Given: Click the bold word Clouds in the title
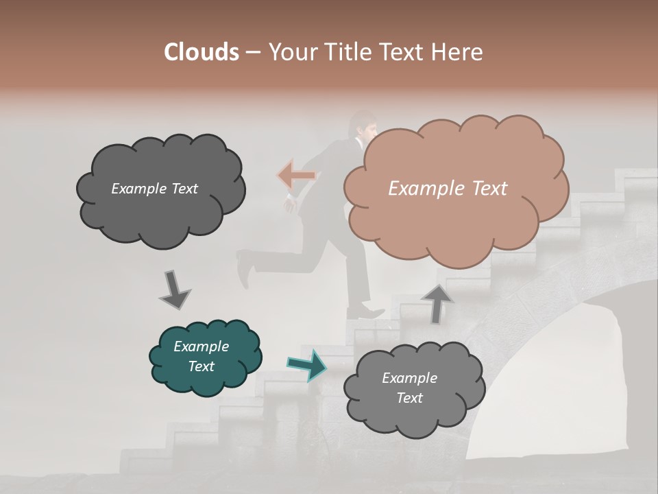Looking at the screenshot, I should point(202,52).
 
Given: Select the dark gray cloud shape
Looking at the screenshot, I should point(160,190).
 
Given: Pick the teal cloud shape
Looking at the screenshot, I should point(205,357).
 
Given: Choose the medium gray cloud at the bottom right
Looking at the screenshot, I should point(414,389).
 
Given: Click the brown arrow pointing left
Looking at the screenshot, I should point(296,176).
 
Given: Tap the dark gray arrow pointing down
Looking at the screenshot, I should point(174,290).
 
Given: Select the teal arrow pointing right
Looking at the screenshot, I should point(307,365).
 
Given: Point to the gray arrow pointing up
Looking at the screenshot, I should point(437,303).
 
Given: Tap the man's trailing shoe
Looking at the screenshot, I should point(243,268).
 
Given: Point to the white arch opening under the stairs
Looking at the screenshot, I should point(548,391).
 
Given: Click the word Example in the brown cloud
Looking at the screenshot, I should point(421,189).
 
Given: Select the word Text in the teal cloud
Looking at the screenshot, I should point(202,366).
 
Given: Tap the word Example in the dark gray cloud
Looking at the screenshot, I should point(137,189).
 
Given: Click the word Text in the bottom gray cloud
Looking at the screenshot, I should point(409,398).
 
